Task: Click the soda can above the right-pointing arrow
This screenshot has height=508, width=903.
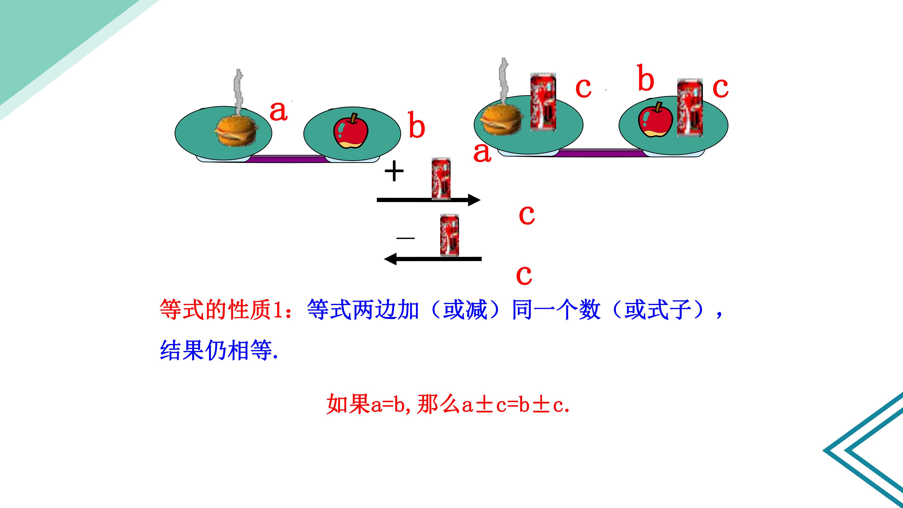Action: [441, 179]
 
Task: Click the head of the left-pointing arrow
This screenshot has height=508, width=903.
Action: [390, 259]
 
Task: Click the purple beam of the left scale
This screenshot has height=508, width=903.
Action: [287, 159]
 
